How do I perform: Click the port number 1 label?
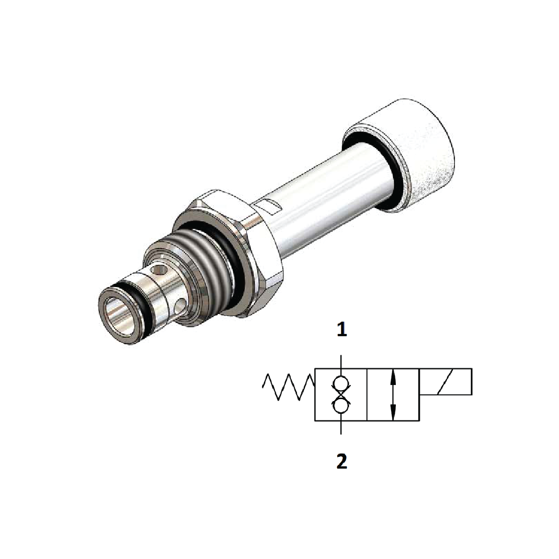coord(341,330)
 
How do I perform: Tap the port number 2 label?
coord(341,461)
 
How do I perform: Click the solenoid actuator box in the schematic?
coord(446,382)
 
